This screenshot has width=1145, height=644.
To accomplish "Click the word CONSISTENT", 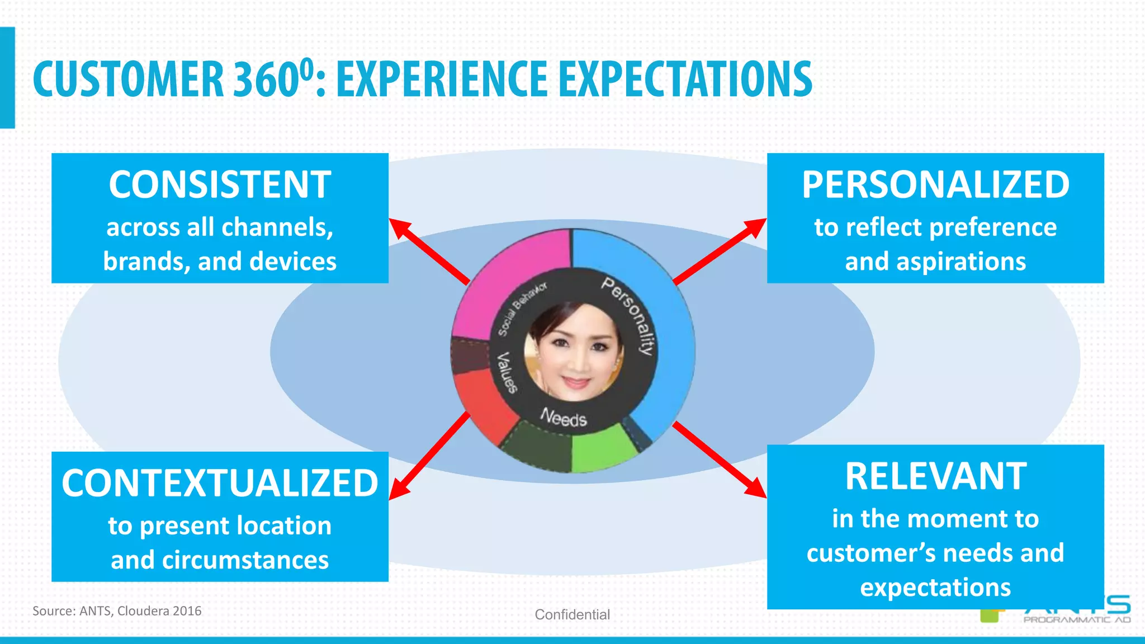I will (x=220, y=185).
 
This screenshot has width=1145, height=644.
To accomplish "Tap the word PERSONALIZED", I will (x=935, y=185).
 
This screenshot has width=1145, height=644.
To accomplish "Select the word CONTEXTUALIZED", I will (x=220, y=484).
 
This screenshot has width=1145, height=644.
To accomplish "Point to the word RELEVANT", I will (x=935, y=477).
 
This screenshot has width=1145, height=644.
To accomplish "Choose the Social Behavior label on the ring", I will (x=522, y=309).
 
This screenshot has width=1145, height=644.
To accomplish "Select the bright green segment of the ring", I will (x=601, y=447).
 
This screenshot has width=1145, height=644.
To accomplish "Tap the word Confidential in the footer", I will (x=572, y=614).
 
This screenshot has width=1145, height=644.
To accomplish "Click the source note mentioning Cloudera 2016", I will (x=117, y=611).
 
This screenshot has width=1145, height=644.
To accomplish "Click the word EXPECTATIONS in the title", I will (x=685, y=80).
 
